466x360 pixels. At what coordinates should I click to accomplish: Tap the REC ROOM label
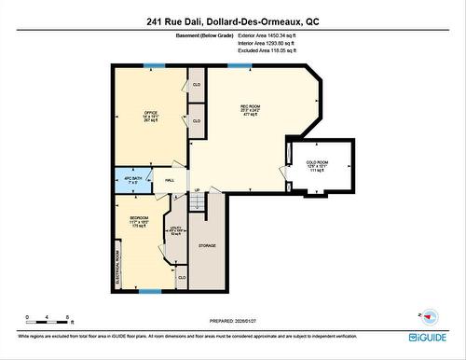[x=249, y=107]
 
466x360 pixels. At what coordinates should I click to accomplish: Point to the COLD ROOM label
[x=318, y=162]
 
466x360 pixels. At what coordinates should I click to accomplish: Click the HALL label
[x=171, y=180]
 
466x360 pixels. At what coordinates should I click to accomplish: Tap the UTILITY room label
[x=175, y=228]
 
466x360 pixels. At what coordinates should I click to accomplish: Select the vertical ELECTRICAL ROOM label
[x=117, y=266]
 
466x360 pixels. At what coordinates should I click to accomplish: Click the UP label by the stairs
[x=197, y=189]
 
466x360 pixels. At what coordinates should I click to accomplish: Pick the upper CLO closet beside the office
[x=197, y=85]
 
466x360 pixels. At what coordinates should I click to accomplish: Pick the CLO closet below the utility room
[x=182, y=277]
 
